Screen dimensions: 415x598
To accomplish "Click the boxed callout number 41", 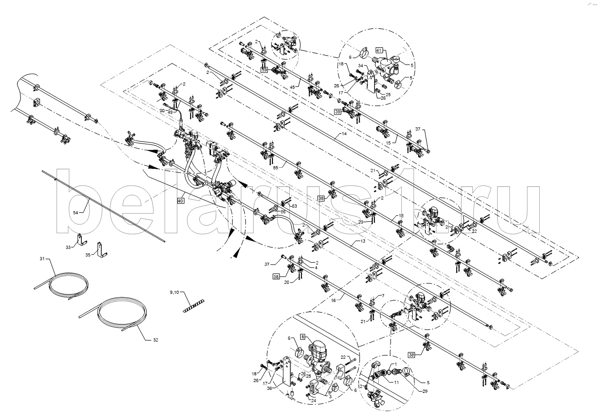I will [x=379, y=51].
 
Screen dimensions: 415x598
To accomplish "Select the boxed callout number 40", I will [x=180, y=201].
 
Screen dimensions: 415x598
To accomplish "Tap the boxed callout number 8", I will [x=303, y=337].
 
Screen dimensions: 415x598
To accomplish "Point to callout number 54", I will [x=75, y=213].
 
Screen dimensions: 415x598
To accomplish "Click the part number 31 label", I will [x=42, y=259].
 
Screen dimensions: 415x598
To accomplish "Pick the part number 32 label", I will [x=155, y=340].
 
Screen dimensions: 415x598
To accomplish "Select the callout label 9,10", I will [x=174, y=292].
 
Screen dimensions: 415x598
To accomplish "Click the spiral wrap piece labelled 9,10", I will [x=193, y=306].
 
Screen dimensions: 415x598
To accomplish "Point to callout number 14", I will [x=344, y=134].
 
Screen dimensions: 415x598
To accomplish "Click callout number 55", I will [x=276, y=168].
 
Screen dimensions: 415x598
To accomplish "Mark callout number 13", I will [x=363, y=241].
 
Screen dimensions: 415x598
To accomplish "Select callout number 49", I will [x=170, y=112].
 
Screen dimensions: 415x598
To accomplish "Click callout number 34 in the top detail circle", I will [x=361, y=66].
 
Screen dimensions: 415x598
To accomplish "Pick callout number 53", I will [x=294, y=206].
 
